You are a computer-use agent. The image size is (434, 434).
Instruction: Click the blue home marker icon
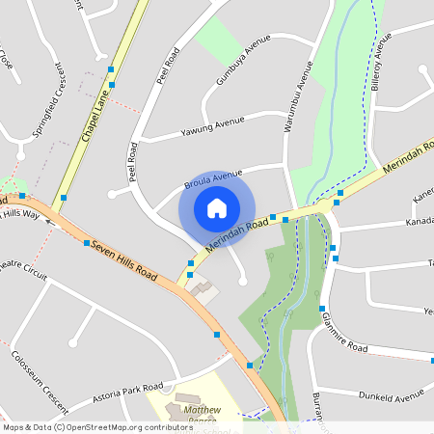217,208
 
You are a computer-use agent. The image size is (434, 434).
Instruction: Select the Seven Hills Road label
123,259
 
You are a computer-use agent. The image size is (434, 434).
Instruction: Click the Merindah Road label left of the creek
236,237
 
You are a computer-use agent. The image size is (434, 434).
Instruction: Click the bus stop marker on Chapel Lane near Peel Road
112,69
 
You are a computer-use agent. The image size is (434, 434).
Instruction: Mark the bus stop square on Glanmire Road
322,309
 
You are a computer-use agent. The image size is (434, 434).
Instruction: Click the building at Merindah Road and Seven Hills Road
203,287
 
